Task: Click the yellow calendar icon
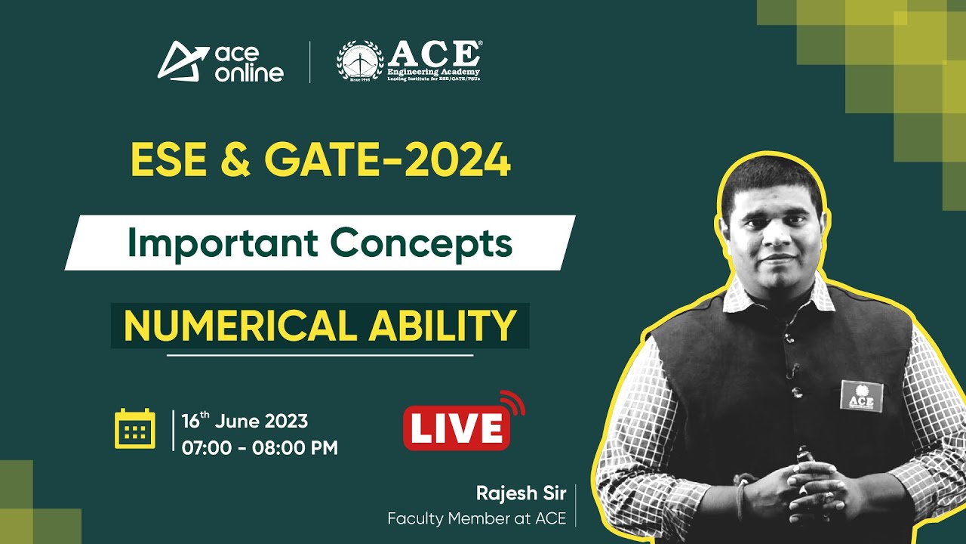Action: pos(134,428)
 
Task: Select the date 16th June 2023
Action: pos(245,421)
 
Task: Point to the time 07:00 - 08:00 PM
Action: pos(260,447)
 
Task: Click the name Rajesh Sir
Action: pos(520,493)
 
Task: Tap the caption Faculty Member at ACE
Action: pos(476,519)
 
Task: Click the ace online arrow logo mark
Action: pos(181,60)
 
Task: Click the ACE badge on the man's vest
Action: pos(861,395)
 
